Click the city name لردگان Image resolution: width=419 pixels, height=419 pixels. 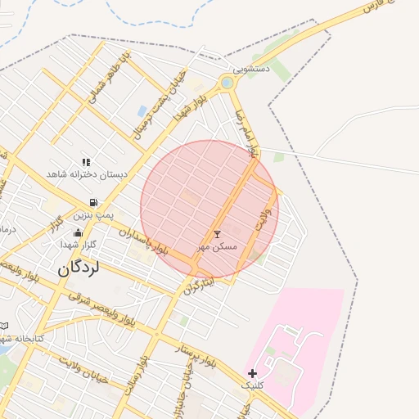pyautogui.click(x=77, y=269)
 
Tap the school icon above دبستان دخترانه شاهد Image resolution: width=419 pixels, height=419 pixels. pyautogui.click(x=86, y=162)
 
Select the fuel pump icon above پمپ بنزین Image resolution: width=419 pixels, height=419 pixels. pyautogui.click(x=94, y=202)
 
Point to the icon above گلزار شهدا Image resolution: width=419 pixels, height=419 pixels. pyautogui.click(x=77, y=232)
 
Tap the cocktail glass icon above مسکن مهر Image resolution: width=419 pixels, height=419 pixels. pyautogui.click(x=217, y=235)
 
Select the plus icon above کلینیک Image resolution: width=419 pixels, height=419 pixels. pyautogui.click(x=252, y=373)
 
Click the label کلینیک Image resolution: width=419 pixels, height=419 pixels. pyautogui.click(x=252, y=385)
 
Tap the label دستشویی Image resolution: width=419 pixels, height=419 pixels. pyautogui.click(x=250, y=71)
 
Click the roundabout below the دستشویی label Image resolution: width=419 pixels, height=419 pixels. pyautogui.click(x=227, y=83)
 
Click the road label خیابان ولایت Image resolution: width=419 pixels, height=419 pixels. pyautogui.click(x=78, y=370)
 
